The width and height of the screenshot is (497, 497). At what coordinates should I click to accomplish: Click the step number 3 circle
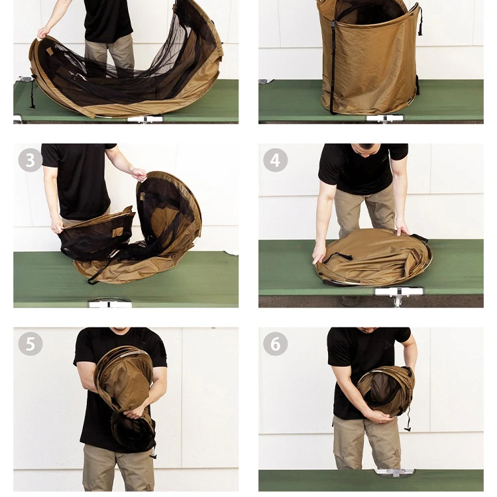coord(30,160)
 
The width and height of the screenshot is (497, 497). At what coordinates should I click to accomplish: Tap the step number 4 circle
coord(275,160)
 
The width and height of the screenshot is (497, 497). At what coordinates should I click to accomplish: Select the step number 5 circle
coord(30,343)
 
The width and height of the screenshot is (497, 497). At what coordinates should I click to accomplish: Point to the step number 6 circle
coord(275,343)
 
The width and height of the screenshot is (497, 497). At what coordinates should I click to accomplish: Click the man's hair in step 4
coord(366,146)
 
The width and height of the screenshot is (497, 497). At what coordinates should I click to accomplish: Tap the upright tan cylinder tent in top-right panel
coord(369,57)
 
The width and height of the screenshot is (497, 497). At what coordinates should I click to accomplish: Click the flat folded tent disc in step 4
coord(373,256)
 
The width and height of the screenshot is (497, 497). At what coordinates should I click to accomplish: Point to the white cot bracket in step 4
coord(399,292)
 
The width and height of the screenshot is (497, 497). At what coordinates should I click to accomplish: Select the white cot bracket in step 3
coord(110,304)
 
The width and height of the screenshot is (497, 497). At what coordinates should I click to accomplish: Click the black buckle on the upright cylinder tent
coord(333,25)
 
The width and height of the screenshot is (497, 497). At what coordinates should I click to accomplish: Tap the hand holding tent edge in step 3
coord(139,174)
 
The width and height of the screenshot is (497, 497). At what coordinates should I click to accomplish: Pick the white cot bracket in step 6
coord(395,472)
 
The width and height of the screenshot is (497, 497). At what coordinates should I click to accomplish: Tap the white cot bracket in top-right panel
coord(384,118)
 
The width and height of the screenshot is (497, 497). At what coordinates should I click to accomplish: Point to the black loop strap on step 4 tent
coord(337,256)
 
